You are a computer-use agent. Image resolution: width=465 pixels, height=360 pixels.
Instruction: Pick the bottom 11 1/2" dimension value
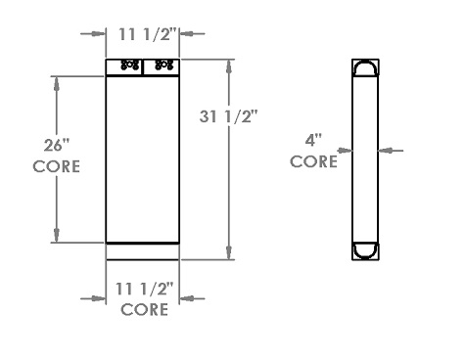point(143,290)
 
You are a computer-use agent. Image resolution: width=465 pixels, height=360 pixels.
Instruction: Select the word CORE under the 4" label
point(314,161)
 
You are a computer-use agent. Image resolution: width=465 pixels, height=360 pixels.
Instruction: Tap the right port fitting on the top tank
point(163,67)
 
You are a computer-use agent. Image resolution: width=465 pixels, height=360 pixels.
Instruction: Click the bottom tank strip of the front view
point(143,250)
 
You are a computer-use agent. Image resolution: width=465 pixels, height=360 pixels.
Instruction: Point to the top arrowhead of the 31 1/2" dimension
point(229,64)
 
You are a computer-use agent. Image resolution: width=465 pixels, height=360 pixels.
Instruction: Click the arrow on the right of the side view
point(384,150)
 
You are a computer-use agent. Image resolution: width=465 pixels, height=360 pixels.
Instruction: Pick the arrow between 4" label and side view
point(345,150)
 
